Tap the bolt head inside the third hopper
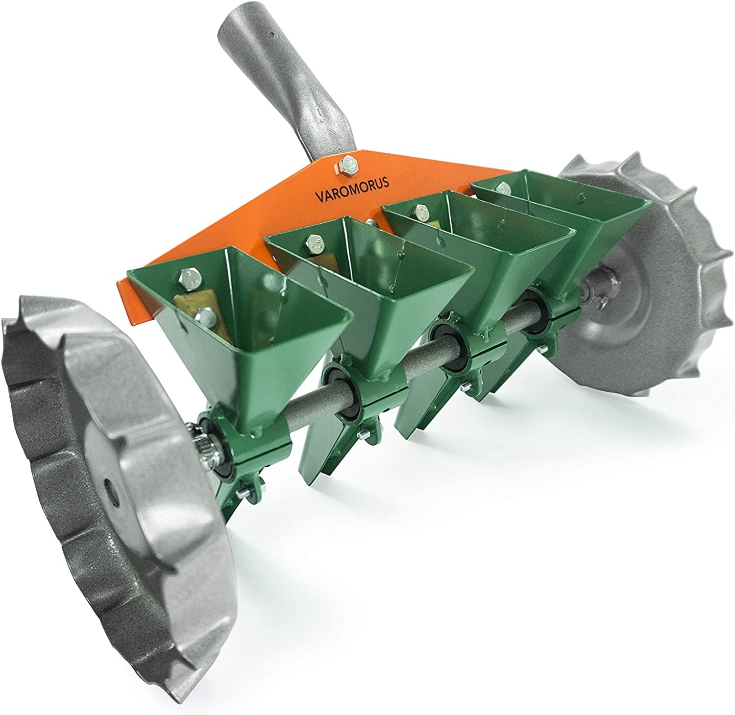click(419, 211)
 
